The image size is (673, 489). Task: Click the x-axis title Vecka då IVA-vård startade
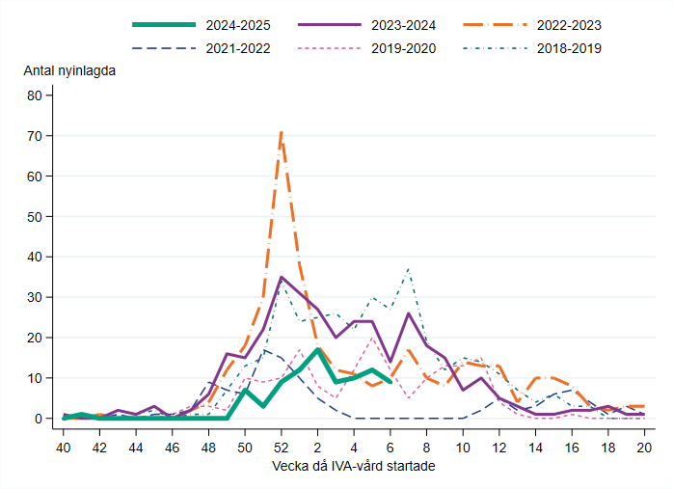354,467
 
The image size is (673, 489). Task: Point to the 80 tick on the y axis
36,95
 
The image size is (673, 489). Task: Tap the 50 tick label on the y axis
36,217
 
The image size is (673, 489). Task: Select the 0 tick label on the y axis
40,419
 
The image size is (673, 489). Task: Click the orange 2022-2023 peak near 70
281,132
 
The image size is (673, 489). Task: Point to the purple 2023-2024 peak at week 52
282,278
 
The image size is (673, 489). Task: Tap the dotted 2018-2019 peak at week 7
409,269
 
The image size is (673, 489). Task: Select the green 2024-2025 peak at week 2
317,350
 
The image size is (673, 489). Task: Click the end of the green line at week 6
390,382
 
